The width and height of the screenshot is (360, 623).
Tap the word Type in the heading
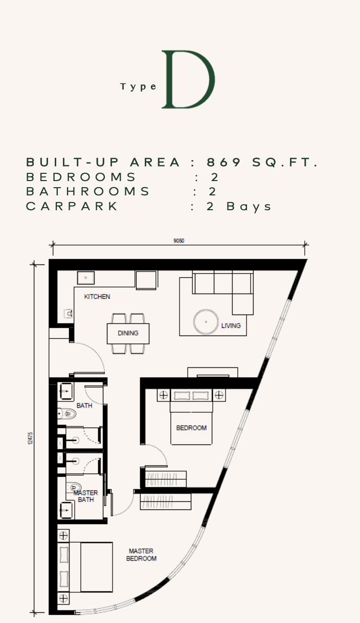[139, 87]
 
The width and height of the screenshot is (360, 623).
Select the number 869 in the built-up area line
[224, 162]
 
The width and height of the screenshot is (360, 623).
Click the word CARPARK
[72, 206]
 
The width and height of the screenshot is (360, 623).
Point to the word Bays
[249, 207]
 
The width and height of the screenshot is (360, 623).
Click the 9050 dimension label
[179, 240]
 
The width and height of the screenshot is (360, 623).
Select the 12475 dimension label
[30, 438]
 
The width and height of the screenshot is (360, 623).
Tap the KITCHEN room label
[97, 297]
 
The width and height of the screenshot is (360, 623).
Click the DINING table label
[128, 333]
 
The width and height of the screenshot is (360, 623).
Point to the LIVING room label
[231, 326]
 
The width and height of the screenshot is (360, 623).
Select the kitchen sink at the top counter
[85, 278]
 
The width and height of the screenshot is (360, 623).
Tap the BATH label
[84, 406]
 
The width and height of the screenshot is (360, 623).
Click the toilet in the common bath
[66, 414]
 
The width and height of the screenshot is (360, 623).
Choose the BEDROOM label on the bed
[191, 428]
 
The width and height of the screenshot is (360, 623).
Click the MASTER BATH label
[85, 496]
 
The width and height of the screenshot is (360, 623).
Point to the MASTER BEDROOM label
[141, 554]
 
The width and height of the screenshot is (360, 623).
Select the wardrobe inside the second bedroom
[166, 479]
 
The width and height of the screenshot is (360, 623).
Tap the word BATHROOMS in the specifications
[88, 191]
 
